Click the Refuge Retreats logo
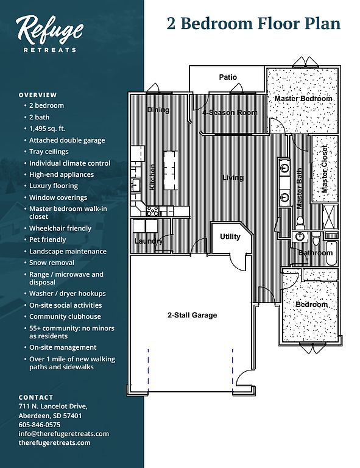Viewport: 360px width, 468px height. (49, 34)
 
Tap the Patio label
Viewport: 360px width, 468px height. (228, 77)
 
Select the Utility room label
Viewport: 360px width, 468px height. (230, 236)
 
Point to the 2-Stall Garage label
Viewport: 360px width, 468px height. (192, 315)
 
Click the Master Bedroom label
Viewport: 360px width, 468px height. (303, 99)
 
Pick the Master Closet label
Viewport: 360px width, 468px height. (324, 169)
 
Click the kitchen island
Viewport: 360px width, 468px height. (171, 170)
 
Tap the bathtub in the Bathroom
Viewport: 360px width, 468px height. (331, 253)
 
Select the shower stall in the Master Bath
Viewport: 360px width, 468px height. (330, 217)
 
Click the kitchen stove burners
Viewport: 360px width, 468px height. (152, 211)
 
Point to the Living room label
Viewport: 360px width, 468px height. (233, 178)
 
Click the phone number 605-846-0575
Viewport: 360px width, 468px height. (40, 425)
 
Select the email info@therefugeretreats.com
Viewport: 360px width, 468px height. (63, 434)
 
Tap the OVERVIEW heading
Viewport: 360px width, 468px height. (38, 95)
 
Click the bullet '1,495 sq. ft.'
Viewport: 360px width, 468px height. (47, 129)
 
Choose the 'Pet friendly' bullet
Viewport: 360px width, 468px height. (48, 239)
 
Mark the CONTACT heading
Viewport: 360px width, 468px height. (36, 397)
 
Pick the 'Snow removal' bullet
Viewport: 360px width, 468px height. (52, 263)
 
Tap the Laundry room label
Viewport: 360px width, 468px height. (149, 241)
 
